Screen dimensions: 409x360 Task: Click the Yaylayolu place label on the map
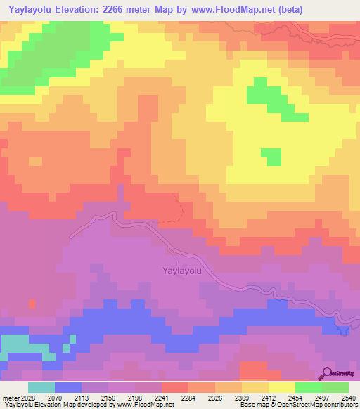click(182, 270)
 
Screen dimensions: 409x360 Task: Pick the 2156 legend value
click(109, 398)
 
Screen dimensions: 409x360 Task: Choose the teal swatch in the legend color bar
click(41, 387)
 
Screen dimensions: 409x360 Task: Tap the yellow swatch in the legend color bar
click(281, 387)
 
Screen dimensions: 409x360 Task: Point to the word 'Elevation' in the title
click(82, 8)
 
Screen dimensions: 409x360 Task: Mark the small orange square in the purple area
click(32, 304)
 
